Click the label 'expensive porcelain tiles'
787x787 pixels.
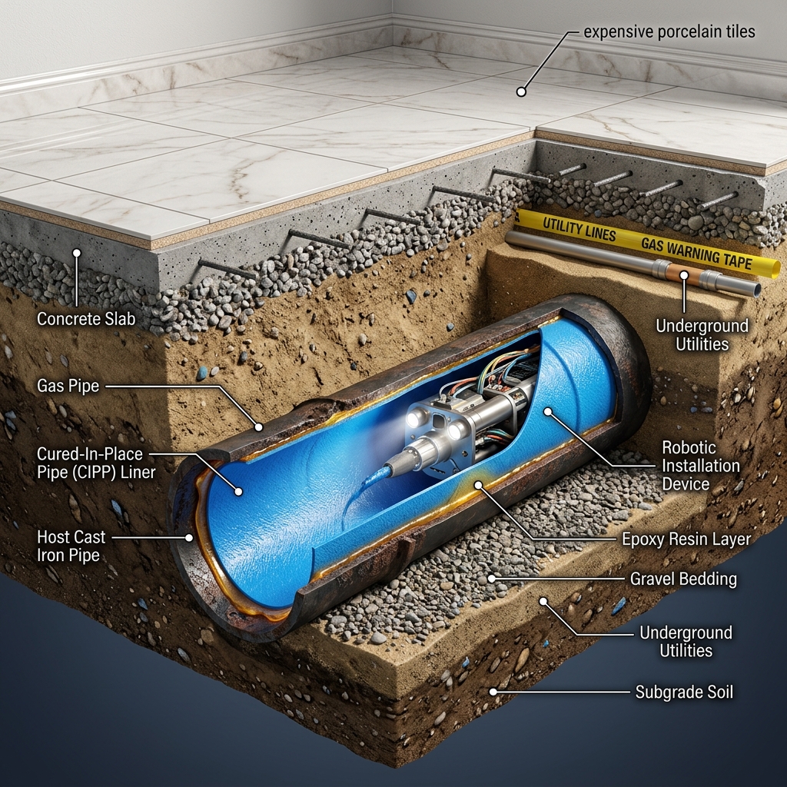[669, 32]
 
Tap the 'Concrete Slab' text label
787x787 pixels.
[86, 319]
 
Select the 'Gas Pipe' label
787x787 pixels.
[68, 386]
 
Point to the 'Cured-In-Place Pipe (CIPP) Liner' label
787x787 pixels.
[96, 463]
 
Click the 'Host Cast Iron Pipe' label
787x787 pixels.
[71, 546]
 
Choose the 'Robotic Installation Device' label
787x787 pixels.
[701, 466]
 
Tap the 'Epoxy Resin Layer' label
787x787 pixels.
[686, 539]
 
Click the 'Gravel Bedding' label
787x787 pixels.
[683, 579]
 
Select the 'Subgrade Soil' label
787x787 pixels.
[684, 692]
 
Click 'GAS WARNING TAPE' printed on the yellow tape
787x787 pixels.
[696, 253]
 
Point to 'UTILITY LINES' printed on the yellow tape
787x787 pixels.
[579, 230]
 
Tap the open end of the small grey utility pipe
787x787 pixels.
[755, 290]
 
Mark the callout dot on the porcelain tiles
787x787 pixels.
[521, 92]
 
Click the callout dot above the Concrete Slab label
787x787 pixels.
[77, 253]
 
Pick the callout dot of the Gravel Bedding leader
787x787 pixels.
[492, 579]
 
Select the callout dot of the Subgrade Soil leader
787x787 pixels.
[493, 692]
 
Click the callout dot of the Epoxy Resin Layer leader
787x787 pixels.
[478, 485]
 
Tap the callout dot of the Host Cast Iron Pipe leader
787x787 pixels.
[189, 537]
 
